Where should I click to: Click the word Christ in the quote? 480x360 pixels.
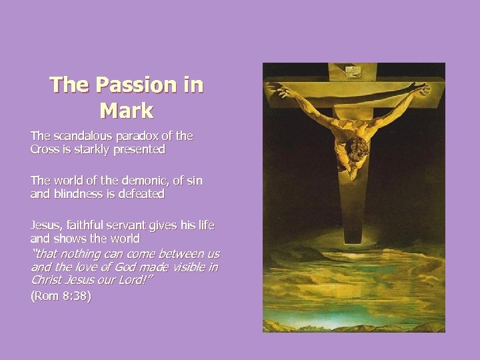click(x=47, y=280)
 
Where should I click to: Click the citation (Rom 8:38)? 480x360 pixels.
click(x=61, y=296)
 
